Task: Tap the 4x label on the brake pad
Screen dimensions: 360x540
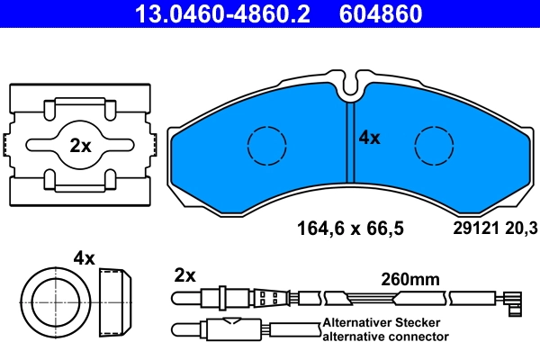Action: pos(370,138)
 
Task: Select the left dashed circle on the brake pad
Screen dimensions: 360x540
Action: pos(265,145)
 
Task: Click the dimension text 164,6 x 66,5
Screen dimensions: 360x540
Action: pos(350,229)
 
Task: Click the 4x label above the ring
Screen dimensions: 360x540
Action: pos(84,258)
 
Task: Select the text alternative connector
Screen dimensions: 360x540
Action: pos(384,336)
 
